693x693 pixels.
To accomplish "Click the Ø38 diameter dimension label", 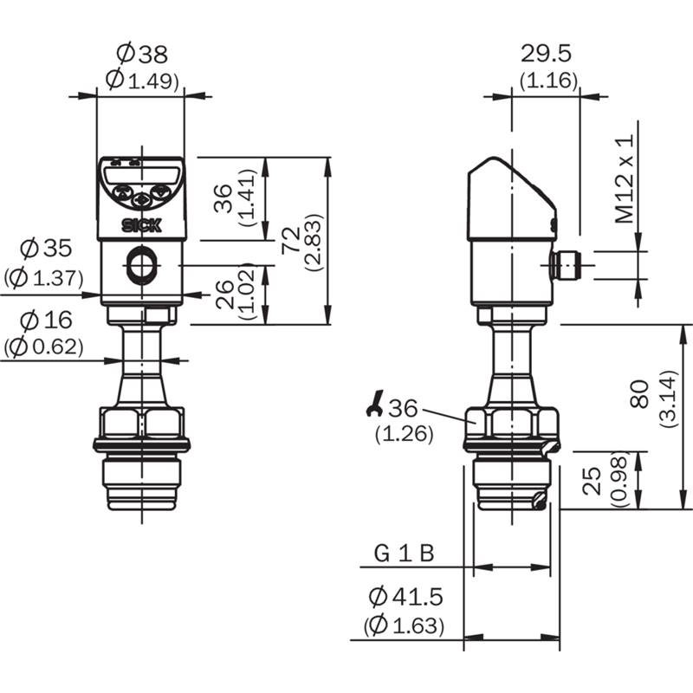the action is (142, 54).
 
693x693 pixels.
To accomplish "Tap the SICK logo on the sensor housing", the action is (142, 226).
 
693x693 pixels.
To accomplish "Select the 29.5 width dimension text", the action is (546, 54).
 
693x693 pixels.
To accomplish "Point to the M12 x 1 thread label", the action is (625, 178).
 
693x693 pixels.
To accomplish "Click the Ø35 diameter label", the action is (46, 248).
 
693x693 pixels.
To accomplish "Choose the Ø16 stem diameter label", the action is (46, 320).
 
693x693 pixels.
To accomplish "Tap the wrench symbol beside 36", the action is (374, 403).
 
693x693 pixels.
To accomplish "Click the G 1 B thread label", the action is (405, 553).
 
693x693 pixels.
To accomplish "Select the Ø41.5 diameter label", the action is (405, 597).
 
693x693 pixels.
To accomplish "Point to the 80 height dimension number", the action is (640, 394).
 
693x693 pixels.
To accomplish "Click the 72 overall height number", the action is (291, 240).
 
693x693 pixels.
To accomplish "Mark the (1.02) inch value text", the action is (247, 292).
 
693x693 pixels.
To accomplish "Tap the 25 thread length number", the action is (592, 481).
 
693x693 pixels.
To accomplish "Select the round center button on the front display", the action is (142, 201).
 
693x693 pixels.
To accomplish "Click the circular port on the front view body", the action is (142, 265).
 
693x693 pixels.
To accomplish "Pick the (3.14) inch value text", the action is (668, 398).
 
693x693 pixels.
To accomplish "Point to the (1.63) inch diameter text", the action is (404, 625).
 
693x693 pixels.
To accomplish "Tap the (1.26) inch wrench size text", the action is (405, 434).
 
